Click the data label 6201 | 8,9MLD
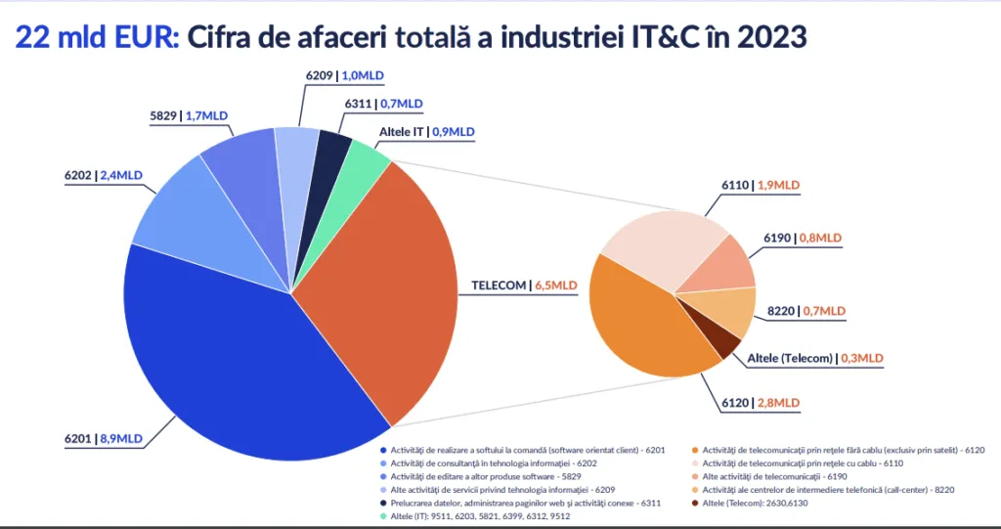[x=108, y=439]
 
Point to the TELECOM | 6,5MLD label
[x=524, y=286]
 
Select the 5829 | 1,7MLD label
[x=189, y=115]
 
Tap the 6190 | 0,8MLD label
[x=802, y=238]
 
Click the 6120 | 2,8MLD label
[x=762, y=402]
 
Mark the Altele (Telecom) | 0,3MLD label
[x=814, y=359]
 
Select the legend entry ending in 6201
[x=527, y=450]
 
